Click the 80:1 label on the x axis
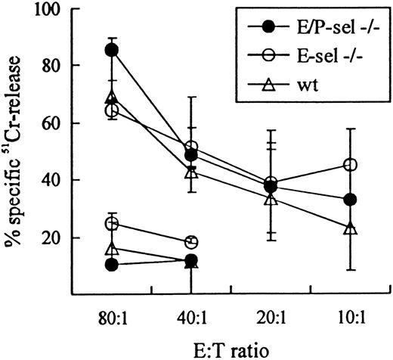pyautogui.click(x=112, y=312)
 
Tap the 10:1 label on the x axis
pyautogui.click(x=350, y=312)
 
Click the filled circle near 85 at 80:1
pyautogui.click(x=112, y=50)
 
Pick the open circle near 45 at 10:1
pyautogui.click(x=350, y=165)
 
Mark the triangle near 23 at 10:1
pyautogui.click(x=350, y=228)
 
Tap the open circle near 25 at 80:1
pyautogui.click(x=112, y=224)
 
